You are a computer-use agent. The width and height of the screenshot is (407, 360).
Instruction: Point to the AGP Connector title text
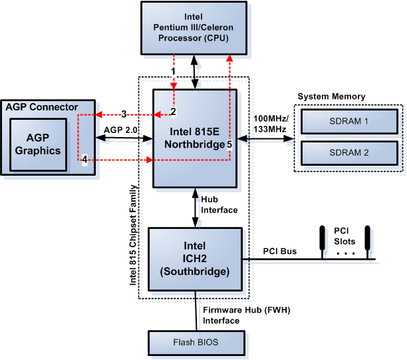click(x=42, y=106)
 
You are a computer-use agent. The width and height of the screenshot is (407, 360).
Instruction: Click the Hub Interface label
click(x=219, y=204)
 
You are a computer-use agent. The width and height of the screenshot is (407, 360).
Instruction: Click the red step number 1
click(x=173, y=71)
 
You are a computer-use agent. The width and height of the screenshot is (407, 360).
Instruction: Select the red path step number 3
click(x=123, y=114)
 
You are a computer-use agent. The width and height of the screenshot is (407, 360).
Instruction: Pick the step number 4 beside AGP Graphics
click(x=84, y=159)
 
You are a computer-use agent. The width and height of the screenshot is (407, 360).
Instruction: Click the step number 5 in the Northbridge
click(x=229, y=143)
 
